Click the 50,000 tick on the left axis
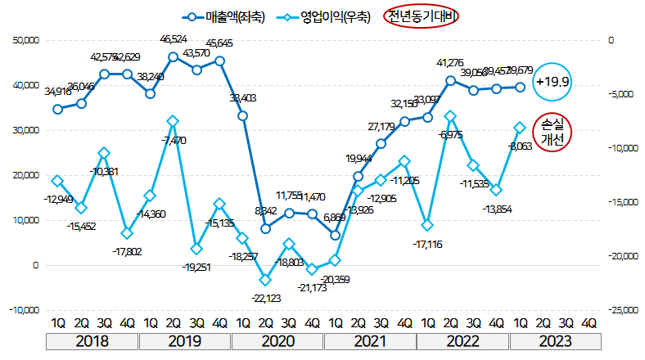26,40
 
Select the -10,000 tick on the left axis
25,311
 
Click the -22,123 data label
265,299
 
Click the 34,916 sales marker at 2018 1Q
57,109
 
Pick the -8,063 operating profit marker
519,128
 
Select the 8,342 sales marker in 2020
266,229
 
